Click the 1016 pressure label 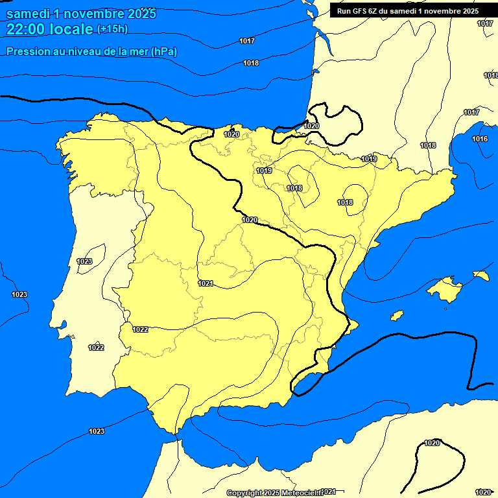pyautogui.click(x=480, y=139)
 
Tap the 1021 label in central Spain pyautogui.click(x=206, y=283)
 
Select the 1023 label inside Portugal pyautogui.click(x=84, y=261)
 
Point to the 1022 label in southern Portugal pyautogui.click(x=96, y=348)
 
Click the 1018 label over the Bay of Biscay pyautogui.click(x=251, y=63)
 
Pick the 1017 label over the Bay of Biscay pyautogui.click(x=246, y=41)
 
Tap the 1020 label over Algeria pyautogui.click(x=432, y=443)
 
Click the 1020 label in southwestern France pyautogui.click(x=311, y=126)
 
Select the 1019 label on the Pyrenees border pyautogui.click(x=369, y=159)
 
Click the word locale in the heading pyautogui.click(x=71, y=29)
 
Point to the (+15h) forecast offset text pyautogui.click(x=112, y=29)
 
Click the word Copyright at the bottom pyautogui.click(x=244, y=493)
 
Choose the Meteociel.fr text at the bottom pyautogui.click(x=303, y=493)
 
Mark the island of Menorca pyautogui.click(x=480, y=275)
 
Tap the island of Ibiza pyautogui.click(x=395, y=316)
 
